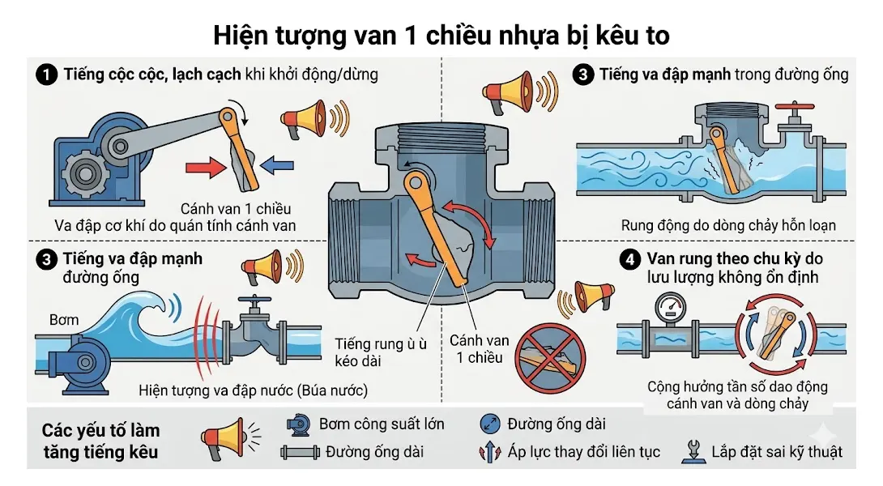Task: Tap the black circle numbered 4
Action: point(629,260)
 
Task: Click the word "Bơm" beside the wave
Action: point(64,319)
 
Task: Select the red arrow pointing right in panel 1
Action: point(204,168)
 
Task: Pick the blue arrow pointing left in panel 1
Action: point(277,166)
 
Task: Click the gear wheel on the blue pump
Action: point(83,173)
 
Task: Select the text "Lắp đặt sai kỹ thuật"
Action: point(777,451)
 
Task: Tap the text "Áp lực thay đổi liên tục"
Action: point(583,451)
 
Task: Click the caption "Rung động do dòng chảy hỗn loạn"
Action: point(728,225)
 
